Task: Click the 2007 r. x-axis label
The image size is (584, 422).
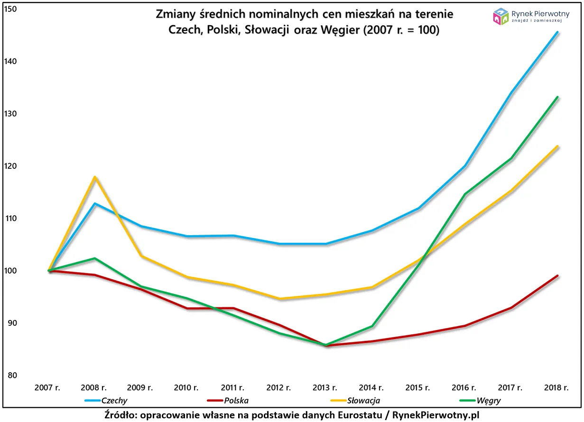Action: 47,387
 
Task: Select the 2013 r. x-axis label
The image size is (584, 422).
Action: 325,387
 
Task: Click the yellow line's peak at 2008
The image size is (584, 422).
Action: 95,177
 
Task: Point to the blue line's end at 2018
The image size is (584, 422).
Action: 557,32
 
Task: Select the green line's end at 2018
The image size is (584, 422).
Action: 557,97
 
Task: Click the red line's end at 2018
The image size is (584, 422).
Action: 557,275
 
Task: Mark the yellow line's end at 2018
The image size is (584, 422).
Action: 557,146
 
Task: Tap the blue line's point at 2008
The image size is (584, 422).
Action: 95,203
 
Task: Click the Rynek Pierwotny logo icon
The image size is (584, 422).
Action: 501,16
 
